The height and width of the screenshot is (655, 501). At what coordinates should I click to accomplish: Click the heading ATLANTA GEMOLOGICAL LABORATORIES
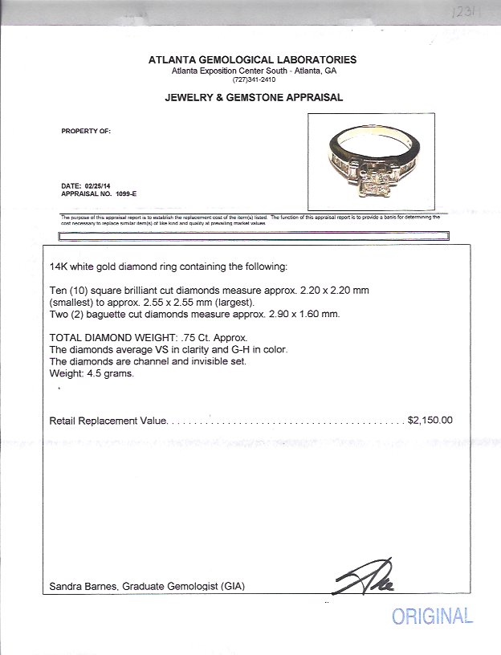pyautogui.click(x=253, y=60)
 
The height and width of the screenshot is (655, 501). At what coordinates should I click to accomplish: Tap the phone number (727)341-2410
pyautogui.click(x=254, y=80)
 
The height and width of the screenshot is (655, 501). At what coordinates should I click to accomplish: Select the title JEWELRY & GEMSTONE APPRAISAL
pyautogui.click(x=253, y=97)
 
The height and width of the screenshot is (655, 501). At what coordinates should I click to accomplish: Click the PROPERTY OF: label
pyautogui.click(x=87, y=129)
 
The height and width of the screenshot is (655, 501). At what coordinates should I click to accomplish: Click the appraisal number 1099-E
pyautogui.click(x=120, y=194)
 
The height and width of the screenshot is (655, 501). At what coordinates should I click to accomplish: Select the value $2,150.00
pyautogui.click(x=430, y=420)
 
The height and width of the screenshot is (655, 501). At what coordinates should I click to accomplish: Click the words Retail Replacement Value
pyautogui.click(x=108, y=420)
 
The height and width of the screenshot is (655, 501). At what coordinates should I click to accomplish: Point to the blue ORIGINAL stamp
pyautogui.click(x=432, y=616)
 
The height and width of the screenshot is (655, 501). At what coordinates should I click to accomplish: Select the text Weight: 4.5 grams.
pyautogui.click(x=90, y=373)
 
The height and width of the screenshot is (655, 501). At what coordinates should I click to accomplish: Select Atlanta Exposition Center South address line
pyautogui.click(x=254, y=71)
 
